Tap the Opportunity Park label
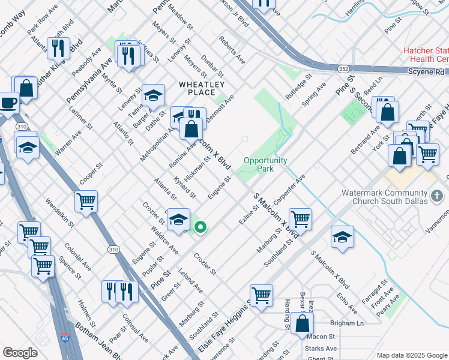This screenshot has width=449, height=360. click(265, 164)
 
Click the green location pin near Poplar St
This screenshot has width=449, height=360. click(201, 227)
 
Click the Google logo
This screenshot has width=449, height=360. click(20, 353)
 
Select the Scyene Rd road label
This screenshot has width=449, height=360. click(427, 71)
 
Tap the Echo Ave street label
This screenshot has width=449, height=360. click(348, 304)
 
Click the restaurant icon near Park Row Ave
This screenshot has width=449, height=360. click(59, 47)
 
